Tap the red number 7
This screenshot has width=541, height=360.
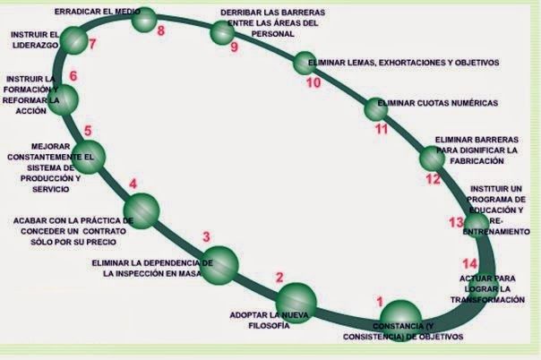(92, 42)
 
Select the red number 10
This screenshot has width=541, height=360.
(313, 83)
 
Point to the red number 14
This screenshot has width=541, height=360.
(470, 262)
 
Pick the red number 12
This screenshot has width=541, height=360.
(433, 178)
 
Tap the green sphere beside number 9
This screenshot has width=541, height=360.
(222, 33)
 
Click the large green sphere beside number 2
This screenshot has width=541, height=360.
(296, 300)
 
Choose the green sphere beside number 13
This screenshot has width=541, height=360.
(476, 221)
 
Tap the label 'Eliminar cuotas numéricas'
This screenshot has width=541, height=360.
(438, 103)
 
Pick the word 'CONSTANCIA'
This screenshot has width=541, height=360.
(398, 324)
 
